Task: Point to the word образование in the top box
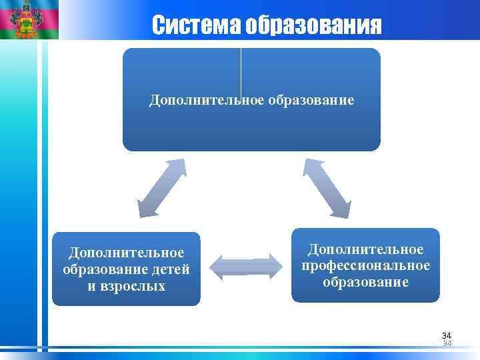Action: click(311, 100)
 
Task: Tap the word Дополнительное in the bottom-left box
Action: click(127, 253)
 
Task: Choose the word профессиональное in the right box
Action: click(365, 265)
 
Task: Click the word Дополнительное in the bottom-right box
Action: click(365, 249)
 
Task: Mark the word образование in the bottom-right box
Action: click(365, 282)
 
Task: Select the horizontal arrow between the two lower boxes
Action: click(246, 267)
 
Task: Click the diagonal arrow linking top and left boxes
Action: click(161, 187)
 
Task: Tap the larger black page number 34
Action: click(446, 335)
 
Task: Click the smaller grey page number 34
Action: click(447, 343)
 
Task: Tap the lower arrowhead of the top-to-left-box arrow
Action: click(144, 208)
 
